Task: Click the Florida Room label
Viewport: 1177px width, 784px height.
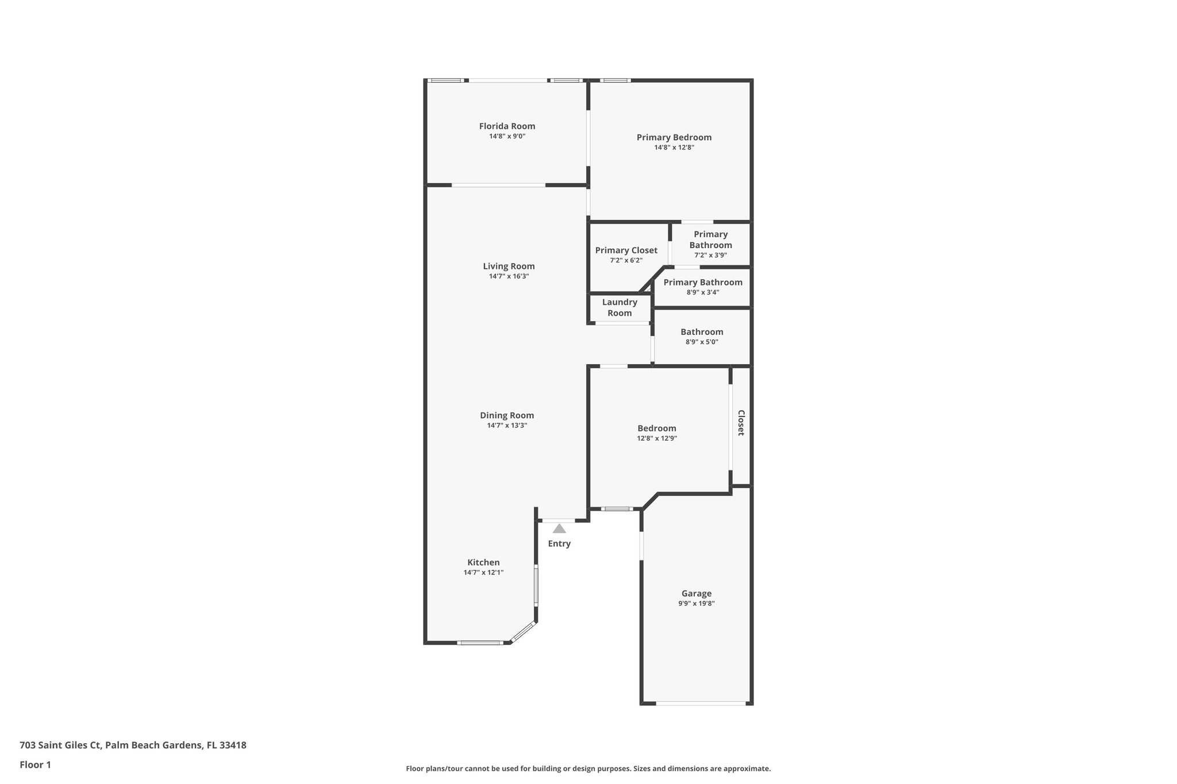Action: tap(507, 126)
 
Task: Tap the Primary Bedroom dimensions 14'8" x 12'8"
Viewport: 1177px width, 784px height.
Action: tap(674, 148)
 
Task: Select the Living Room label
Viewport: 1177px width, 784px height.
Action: tap(509, 266)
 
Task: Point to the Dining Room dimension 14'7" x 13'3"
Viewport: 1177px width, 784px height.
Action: tap(507, 426)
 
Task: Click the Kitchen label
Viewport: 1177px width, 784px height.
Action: tap(483, 562)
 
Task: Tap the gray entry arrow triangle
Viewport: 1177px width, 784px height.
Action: tap(559, 528)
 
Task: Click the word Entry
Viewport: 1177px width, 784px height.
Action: tap(559, 543)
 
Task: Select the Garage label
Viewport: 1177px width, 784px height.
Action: tap(696, 593)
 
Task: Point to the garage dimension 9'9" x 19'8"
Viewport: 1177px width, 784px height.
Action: tap(696, 604)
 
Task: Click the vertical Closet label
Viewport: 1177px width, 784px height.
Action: tap(741, 423)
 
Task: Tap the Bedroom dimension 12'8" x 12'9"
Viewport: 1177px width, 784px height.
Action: tap(656, 438)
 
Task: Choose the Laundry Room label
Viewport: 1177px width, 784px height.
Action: tap(620, 307)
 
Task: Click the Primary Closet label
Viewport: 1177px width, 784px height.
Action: tap(626, 250)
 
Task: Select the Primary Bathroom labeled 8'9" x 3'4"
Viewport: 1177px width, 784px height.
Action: tap(702, 283)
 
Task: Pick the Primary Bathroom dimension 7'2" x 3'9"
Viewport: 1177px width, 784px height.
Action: tap(710, 255)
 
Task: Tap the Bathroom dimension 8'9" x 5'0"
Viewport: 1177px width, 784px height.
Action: tap(702, 342)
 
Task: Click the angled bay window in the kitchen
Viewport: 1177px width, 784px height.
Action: tap(523, 632)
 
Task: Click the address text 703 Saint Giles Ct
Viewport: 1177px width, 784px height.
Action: tap(61, 745)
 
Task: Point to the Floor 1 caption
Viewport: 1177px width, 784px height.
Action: tap(35, 764)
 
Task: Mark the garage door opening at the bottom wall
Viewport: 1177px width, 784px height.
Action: tap(701, 703)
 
